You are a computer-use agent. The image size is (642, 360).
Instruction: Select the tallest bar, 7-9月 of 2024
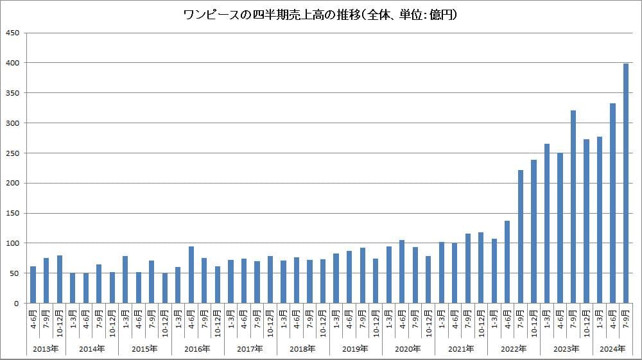(x=626, y=183)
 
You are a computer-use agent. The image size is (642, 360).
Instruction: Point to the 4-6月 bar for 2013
(x=33, y=284)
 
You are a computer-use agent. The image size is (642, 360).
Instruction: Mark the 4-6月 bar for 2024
(x=612, y=203)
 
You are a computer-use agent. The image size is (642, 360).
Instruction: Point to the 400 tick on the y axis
(x=13, y=63)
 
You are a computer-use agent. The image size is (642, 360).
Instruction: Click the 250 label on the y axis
(x=13, y=153)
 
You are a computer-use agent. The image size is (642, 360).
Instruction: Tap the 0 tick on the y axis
(x=17, y=304)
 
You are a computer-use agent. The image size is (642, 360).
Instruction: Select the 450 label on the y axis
(x=13, y=33)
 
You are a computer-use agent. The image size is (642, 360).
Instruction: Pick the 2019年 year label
(x=356, y=349)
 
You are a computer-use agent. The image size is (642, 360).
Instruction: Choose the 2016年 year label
(x=198, y=349)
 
